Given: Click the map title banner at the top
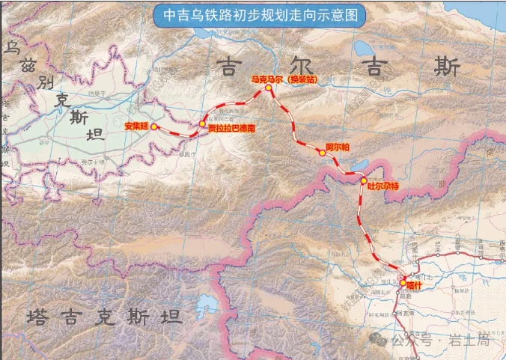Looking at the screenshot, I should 253,14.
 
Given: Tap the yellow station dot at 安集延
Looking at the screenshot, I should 154,127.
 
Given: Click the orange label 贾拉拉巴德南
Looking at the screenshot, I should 231,128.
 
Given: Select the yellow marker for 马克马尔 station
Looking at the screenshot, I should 268,88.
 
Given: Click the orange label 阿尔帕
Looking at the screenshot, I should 338,147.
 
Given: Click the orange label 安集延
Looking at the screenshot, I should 137,126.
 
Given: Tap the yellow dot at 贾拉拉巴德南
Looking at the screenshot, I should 202,124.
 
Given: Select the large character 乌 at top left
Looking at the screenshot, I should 12,49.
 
